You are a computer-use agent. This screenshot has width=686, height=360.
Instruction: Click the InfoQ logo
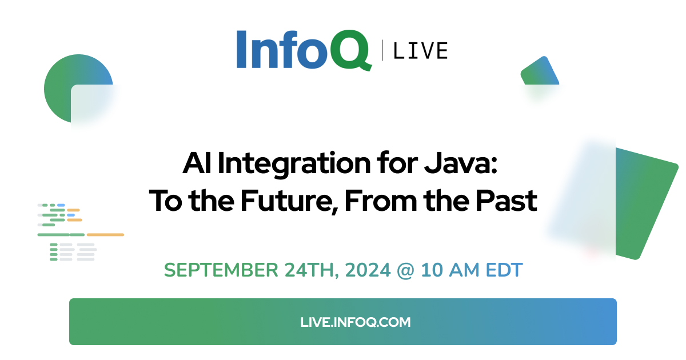pos(304,50)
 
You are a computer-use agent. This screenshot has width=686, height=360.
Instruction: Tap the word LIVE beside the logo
pos(421,51)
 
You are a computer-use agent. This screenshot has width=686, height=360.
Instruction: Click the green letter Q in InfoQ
pos(350,50)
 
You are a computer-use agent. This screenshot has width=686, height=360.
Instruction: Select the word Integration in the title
pos(294,165)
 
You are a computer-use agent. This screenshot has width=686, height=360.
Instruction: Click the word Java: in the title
pos(461,163)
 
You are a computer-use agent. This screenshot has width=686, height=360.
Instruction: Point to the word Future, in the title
pos(289,201)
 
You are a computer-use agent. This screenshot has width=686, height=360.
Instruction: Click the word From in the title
pos(381,201)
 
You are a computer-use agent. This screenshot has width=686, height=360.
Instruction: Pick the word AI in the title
pos(197,163)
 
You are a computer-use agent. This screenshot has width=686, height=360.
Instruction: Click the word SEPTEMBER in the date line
pos(221,270)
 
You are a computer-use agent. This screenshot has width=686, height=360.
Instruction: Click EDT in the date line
pos(504,270)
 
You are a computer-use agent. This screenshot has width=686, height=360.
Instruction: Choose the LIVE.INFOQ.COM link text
pos(355,322)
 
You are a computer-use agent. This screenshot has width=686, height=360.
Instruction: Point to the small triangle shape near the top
pos(540,71)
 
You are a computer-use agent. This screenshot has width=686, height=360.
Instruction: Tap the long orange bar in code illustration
pos(105,235)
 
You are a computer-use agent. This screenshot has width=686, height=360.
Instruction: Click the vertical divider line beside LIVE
pos(382,50)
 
